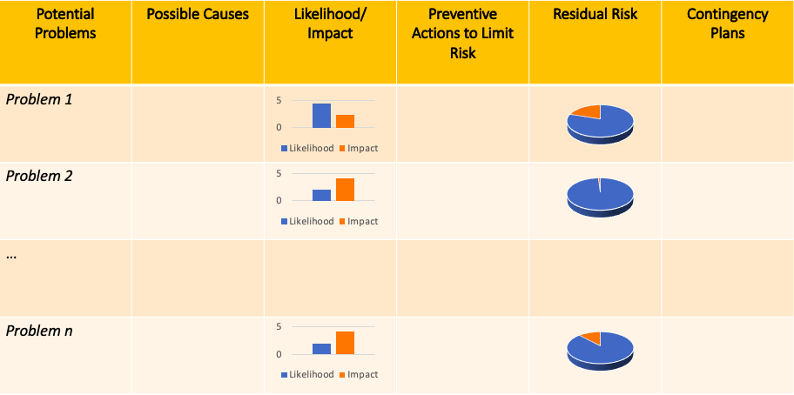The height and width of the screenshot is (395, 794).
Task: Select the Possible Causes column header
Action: (x=198, y=15)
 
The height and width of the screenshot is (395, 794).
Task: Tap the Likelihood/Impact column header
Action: (x=330, y=24)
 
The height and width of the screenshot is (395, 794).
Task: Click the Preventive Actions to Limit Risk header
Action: (x=462, y=34)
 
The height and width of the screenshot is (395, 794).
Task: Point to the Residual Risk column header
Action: (x=595, y=15)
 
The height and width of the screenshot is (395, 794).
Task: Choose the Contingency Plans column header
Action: (x=727, y=24)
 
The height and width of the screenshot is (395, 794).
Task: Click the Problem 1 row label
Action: (x=39, y=99)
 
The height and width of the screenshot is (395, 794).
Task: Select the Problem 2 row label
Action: (x=39, y=176)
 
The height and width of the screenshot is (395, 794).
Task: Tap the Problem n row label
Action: (x=39, y=331)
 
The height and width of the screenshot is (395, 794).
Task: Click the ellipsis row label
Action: (x=11, y=254)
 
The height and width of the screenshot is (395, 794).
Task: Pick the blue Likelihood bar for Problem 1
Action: (x=321, y=116)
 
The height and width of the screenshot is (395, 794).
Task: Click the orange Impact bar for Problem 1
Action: (x=345, y=121)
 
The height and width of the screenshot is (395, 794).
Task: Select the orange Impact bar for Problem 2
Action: (x=345, y=190)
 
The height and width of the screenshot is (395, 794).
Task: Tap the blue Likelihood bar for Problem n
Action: (x=321, y=349)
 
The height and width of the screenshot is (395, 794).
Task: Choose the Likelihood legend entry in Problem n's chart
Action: (x=307, y=375)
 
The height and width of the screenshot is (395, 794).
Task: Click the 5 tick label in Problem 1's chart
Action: (x=279, y=100)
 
